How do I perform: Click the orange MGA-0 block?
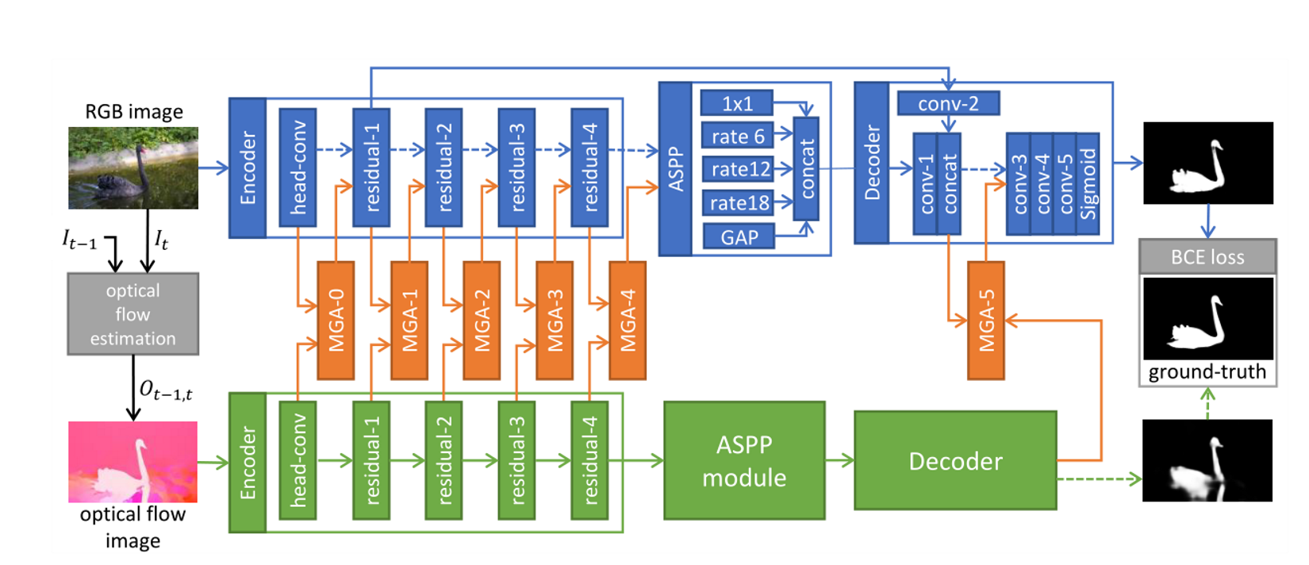pyautogui.click(x=336, y=320)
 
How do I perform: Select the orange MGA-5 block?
pyautogui.click(x=986, y=320)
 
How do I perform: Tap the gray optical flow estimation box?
pyautogui.click(x=132, y=314)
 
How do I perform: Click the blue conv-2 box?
pyautogui.click(x=948, y=103)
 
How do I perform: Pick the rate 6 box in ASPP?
pyautogui.click(x=737, y=136)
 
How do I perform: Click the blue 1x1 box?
pyautogui.click(x=736, y=103)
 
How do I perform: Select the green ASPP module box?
pyautogui.click(x=744, y=460)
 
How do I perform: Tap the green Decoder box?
pyautogui.click(x=955, y=460)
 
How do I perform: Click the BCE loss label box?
pyautogui.click(x=1207, y=257)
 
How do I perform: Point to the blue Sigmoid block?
pyautogui.click(x=1088, y=184)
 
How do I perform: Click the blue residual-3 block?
pyautogui.click(x=516, y=167)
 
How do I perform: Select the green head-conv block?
pyautogui.click(x=297, y=460)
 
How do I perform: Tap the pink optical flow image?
pyautogui.click(x=132, y=461)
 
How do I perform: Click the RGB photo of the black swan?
pyautogui.click(x=132, y=167)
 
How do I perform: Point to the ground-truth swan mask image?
pyautogui.click(x=1207, y=317)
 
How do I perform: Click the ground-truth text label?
pyautogui.click(x=1207, y=372)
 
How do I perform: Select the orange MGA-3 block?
pyautogui.click(x=555, y=320)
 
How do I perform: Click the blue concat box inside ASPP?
pyautogui.click(x=806, y=167)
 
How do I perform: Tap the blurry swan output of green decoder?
pyautogui.click(x=1207, y=460)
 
